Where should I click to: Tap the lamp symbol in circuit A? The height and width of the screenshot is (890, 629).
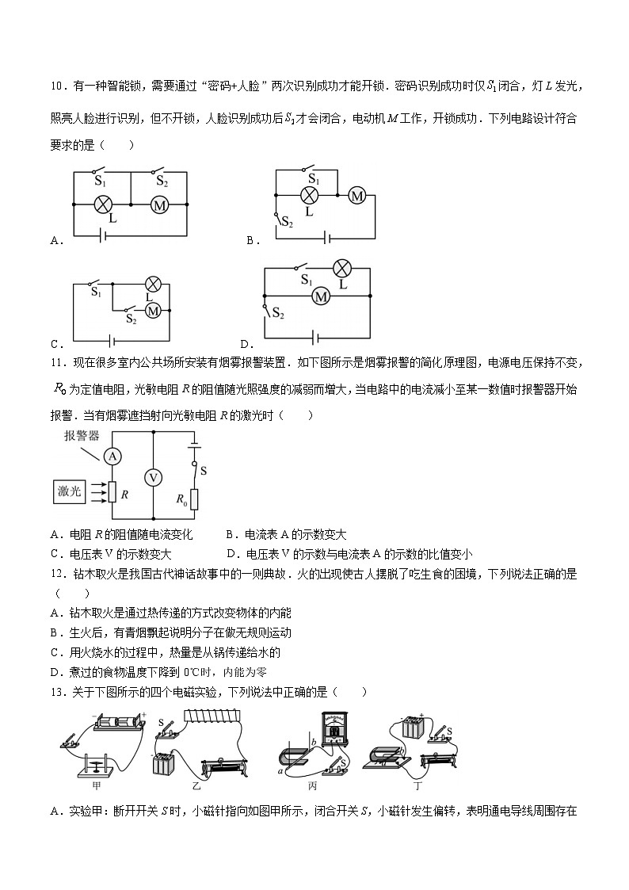tap(102, 204)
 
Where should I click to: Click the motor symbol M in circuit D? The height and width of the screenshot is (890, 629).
tap(320, 296)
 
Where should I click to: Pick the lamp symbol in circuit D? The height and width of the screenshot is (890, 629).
tap(342, 268)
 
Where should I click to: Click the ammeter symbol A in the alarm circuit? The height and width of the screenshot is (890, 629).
tap(113, 456)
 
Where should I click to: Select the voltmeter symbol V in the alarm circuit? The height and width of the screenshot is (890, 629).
tap(153, 477)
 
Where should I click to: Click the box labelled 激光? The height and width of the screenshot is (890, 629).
tap(70, 491)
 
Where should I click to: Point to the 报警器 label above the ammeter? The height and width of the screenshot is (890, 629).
tap(82, 436)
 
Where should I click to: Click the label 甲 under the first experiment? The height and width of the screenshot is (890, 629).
tap(97, 785)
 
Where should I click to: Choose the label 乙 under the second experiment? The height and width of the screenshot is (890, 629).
tap(196, 785)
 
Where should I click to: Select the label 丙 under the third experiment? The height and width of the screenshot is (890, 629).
tap(312, 785)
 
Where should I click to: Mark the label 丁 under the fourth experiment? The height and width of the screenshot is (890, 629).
tap(417, 785)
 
